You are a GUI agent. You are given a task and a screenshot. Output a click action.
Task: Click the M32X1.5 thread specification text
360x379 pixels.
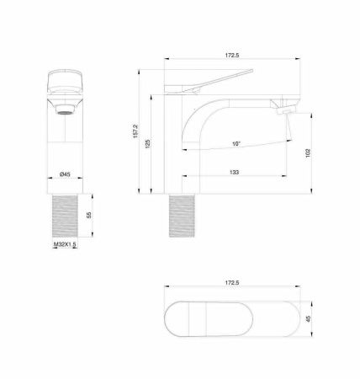[65, 245]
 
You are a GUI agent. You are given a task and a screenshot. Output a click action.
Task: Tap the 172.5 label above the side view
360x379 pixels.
[232, 55]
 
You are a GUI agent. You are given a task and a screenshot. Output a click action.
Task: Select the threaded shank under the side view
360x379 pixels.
[183, 216]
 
